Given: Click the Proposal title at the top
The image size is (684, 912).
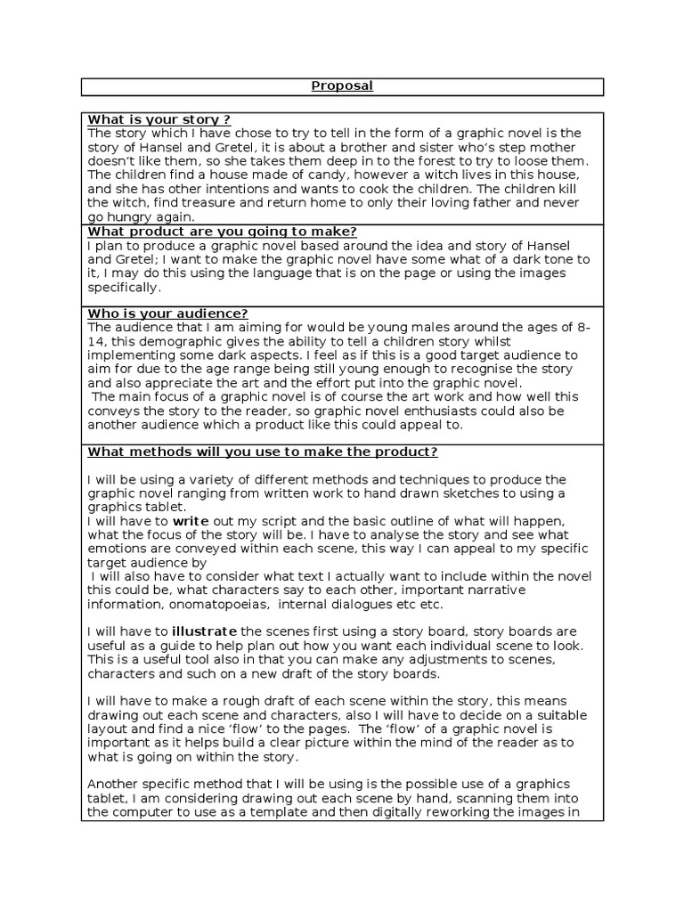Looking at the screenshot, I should coord(342,86).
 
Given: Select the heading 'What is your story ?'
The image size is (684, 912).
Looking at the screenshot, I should coord(159,120).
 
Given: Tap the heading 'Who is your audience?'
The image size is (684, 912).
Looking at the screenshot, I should coord(167,313).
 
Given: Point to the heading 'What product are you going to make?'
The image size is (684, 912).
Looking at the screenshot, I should coord(222,232).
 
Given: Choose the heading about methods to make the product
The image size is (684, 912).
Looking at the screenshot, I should coord(263,452).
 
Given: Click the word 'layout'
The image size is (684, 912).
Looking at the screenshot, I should coord(110,729).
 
